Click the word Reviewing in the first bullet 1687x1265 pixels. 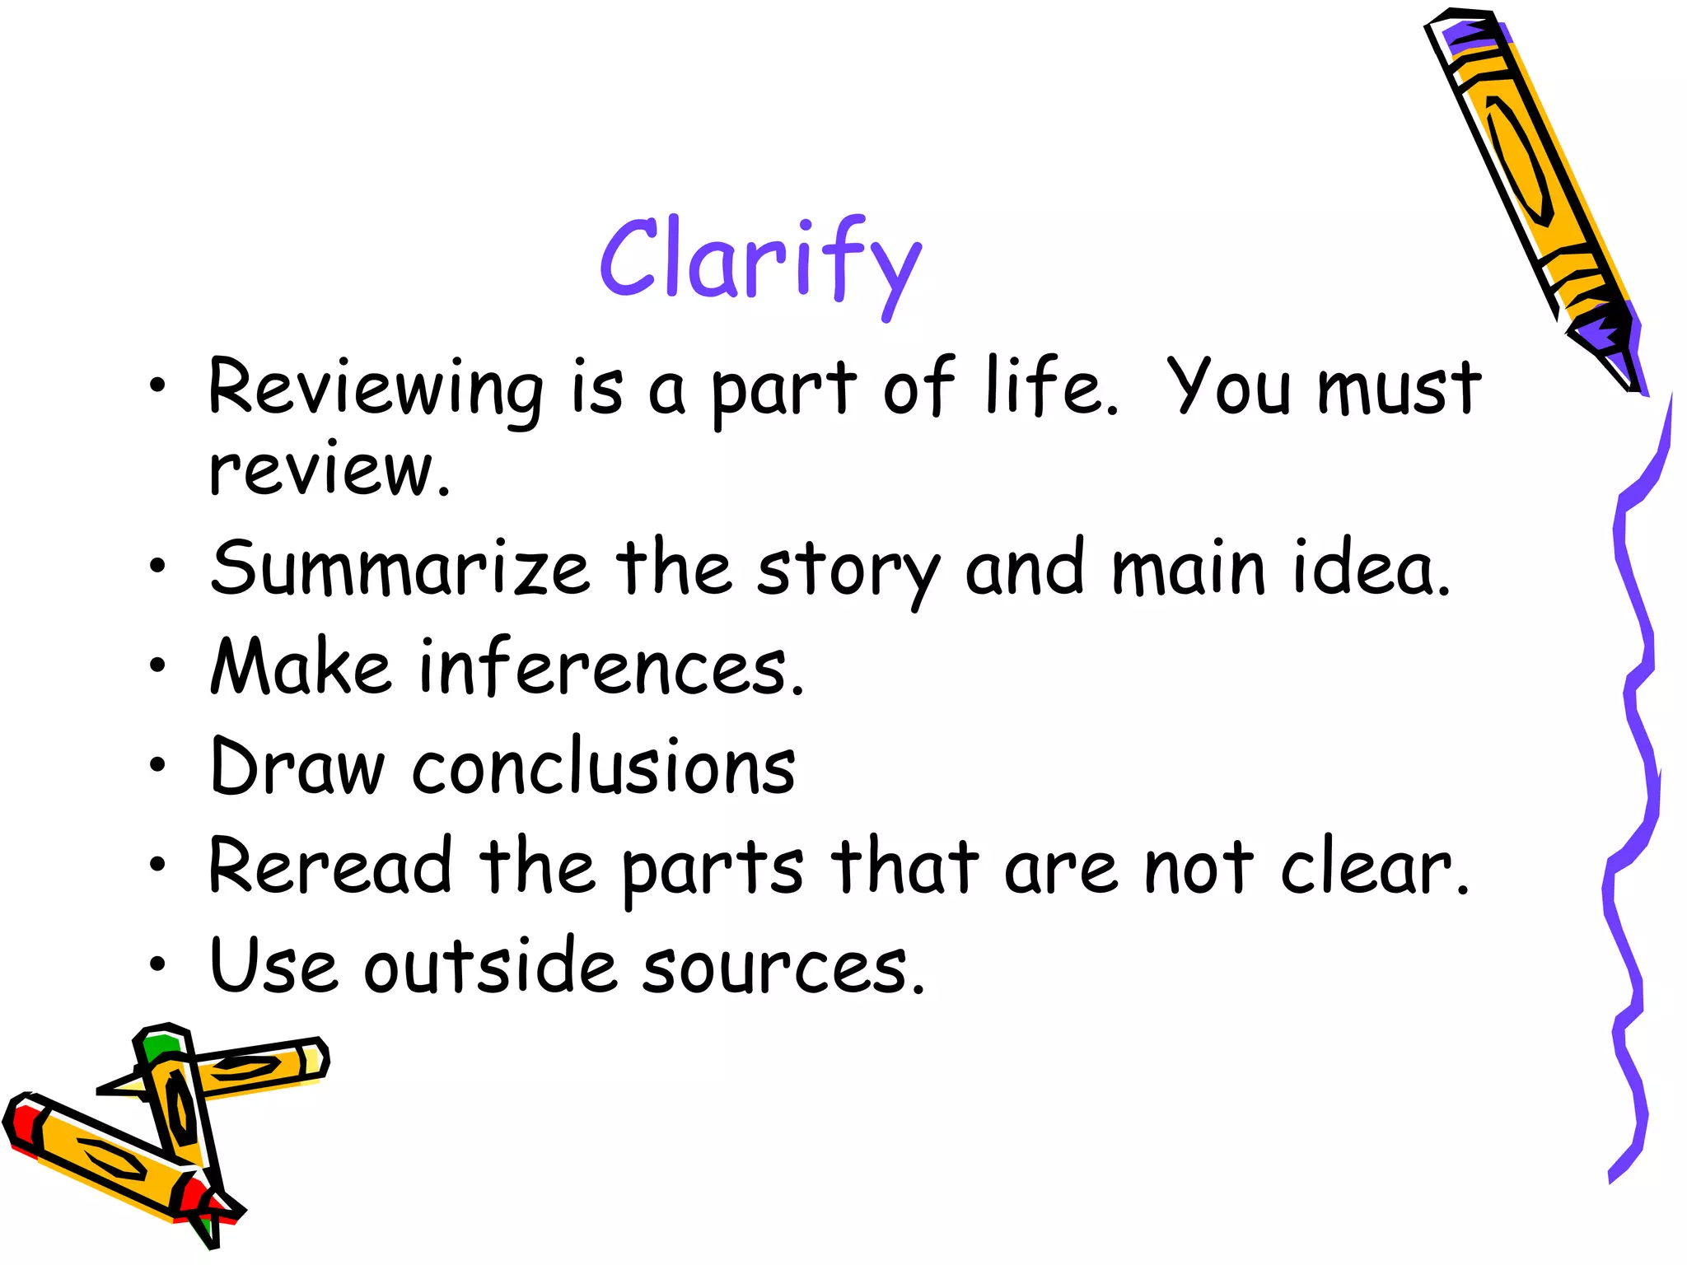[375, 389]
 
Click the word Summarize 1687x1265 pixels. [400, 568]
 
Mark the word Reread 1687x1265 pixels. [330, 866]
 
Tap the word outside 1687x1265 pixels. [490, 965]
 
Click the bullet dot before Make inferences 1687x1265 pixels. [157, 665]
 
